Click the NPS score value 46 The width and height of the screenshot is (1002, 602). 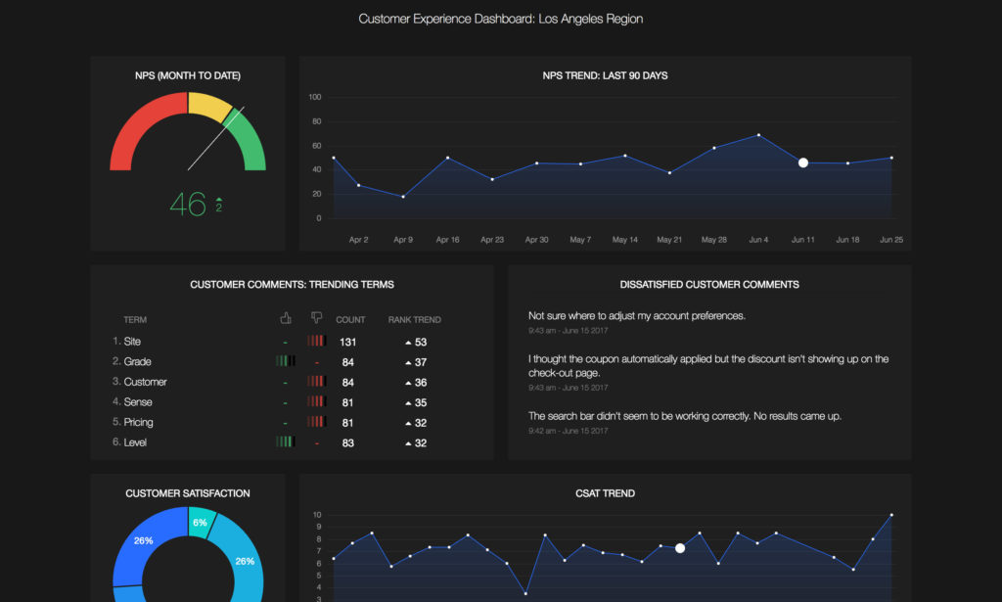click(x=187, y=204)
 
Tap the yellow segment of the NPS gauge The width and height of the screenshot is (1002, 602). click(x=207, y=105)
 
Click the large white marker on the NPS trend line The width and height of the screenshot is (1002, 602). click(x=803, y=162)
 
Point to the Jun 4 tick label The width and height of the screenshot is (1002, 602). click(x=758, y=239)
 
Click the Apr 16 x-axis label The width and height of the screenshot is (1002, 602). click(x=447, y=239)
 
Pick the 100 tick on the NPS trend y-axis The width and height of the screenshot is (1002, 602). click(x=315, y=97)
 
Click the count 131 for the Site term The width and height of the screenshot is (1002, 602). click(x=347, y=342)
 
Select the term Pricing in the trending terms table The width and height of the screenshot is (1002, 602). click(x=138, y=422)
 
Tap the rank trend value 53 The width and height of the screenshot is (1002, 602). click(x=421, y=342)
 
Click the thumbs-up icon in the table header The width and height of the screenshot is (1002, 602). click(x=286, y=318)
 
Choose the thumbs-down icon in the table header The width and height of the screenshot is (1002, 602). click(x=316, y=318)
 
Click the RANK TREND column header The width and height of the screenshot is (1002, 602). click(x=414, y=319)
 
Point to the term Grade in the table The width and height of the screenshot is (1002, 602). click(x=137, y=361)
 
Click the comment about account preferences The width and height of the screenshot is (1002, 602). click(x=637, y=316)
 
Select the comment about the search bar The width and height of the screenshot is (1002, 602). click(x=684, y=416)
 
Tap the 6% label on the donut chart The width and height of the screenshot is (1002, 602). click(x=200, y=523)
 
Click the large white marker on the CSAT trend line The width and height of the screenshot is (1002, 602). click(x=680, y=548)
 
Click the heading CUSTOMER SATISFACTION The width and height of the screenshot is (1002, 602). click(x=188, y=493)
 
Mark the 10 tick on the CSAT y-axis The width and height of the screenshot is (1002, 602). click(x=316, y=515)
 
